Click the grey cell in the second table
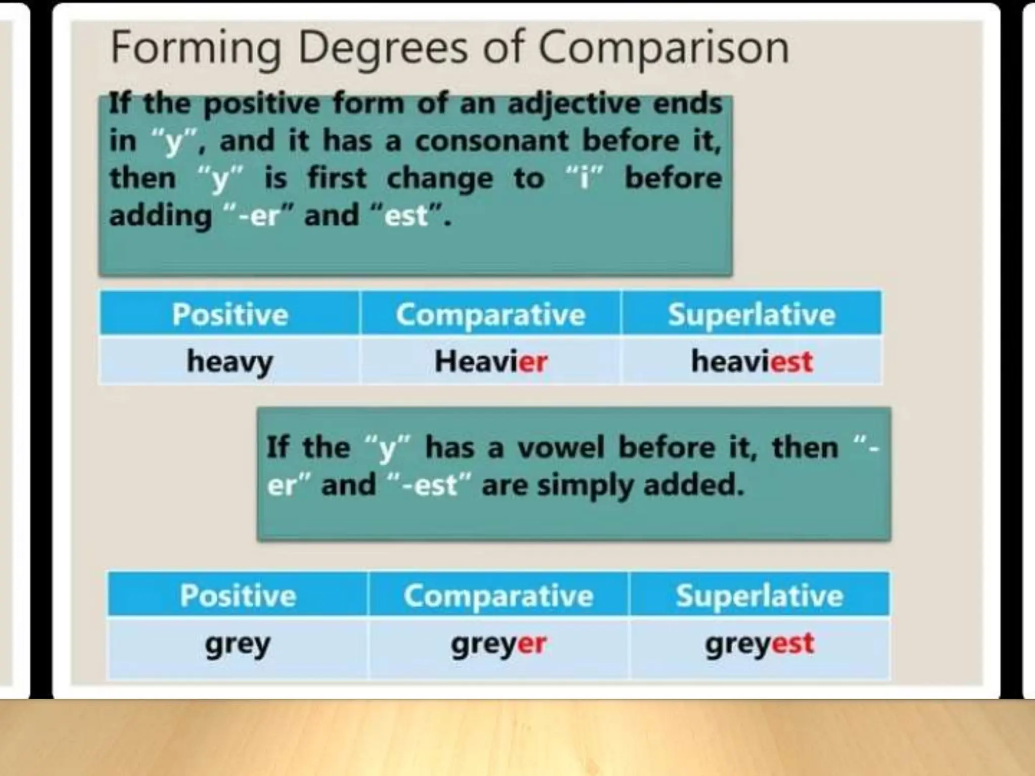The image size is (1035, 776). coord(238,645)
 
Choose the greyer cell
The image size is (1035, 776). coord(498,645)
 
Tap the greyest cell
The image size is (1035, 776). coord(760,645)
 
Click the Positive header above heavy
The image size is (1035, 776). coord(230,314)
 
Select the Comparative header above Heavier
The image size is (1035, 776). coord(491,314)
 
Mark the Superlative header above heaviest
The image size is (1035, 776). coord(751,314)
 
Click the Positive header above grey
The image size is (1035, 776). coord(238,595)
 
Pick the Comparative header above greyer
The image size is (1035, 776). coord(498,595)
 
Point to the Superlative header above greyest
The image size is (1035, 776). coord(760,595)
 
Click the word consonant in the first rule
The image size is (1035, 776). coord(492,141)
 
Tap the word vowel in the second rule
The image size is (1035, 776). coord(560,448)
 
